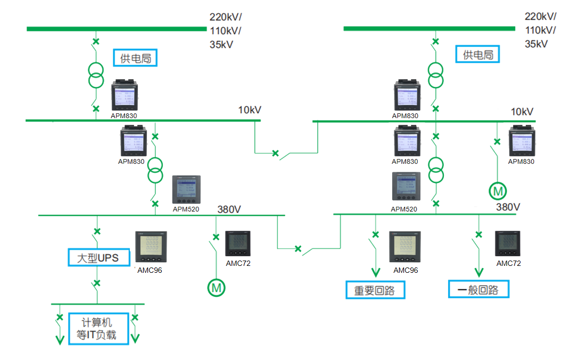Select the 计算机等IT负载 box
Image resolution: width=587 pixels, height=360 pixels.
point(99,329)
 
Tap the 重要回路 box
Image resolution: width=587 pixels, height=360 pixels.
point(375,290)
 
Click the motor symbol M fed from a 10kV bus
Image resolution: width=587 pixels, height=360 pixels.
point(498,190)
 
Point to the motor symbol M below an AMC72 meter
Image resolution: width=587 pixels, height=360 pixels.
point(216,288)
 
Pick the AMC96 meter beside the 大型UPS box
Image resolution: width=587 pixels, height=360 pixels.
point(151,247)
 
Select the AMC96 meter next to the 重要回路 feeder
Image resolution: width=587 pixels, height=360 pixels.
point(405,247)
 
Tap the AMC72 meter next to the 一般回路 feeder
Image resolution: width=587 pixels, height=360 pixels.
point(508,244)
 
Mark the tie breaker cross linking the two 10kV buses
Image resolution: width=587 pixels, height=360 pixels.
point(275,154)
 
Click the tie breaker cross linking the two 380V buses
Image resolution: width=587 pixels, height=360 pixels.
point(298,248)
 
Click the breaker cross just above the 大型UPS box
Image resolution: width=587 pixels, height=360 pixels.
point(97,231)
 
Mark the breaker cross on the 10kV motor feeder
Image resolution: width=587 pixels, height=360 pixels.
point(498,141)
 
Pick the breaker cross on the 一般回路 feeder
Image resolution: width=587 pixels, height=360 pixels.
point(479,234)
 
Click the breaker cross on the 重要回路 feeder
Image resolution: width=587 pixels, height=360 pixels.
point(375,234)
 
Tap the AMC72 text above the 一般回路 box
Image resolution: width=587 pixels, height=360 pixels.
point(508,263)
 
